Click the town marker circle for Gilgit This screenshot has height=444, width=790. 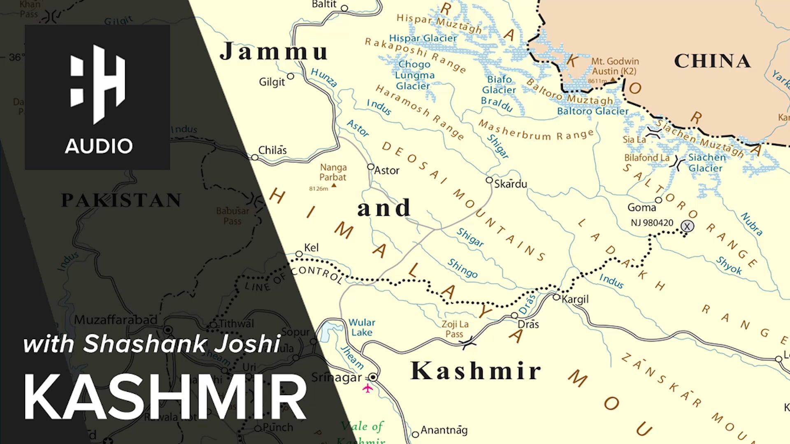[x=290, y=76]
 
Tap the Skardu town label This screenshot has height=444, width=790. [x=510, y=184]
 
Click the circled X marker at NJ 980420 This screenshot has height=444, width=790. [x=687, y=226]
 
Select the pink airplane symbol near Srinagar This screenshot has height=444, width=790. [x=367, y=388]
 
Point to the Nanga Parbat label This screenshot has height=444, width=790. [x=333, y=172]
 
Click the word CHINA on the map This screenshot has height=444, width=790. [x=712, y=61]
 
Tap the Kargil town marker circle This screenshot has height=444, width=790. [x=556, y=297]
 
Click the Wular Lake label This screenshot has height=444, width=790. [x=362, y=327]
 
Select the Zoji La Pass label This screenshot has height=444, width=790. [x=455, y=329]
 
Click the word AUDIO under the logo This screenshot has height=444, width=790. [x=99, y=146]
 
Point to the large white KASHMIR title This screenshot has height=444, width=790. [x=165, y=397]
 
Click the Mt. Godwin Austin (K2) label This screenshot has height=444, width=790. [x=615, y=66]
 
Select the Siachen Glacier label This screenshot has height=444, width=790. [x=706, y=163]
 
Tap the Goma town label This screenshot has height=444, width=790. [x=641, y=208]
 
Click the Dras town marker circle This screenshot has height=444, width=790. [x=514, y=315]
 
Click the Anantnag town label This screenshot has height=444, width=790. [x=444, y=430]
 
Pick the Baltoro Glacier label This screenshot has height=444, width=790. [x=592, y=111]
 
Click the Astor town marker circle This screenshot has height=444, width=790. [x=371, y=166]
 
